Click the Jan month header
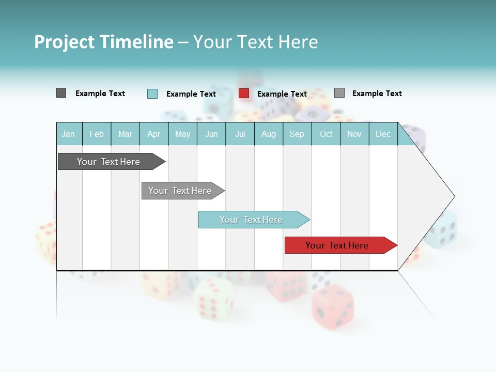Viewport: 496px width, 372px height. coord(68,134)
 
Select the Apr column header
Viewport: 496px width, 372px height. coord(154,134)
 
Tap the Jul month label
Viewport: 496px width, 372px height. coord(240,134)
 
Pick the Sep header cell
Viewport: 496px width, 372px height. coord(297,134)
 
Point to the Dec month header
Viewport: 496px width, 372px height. coord(383,134)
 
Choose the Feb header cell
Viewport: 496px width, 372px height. coord(97,134)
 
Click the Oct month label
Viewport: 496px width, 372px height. coord(326,134)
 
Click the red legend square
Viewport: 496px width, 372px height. coord(244,94)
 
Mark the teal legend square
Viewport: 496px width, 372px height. coord(152,94)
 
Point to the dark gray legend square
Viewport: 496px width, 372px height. coord(61,93)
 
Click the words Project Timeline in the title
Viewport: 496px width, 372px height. coord(104,42)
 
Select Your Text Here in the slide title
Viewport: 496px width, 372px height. coord(255,42)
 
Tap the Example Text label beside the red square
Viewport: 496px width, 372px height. coord(282,94)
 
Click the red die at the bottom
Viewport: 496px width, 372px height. coord(333,307)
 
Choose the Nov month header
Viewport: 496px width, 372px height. coord(354,134)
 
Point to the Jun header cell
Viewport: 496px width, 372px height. coord(211,134)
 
